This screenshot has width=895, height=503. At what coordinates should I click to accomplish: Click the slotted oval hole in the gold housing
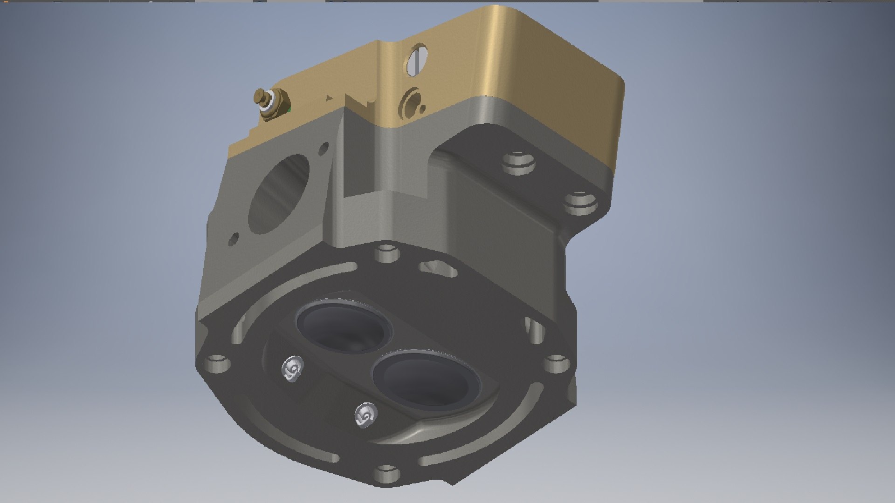point(417,59)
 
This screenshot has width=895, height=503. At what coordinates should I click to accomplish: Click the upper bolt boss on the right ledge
point(519,163)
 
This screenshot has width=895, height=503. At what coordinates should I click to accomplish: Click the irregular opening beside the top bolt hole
point(438,268)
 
